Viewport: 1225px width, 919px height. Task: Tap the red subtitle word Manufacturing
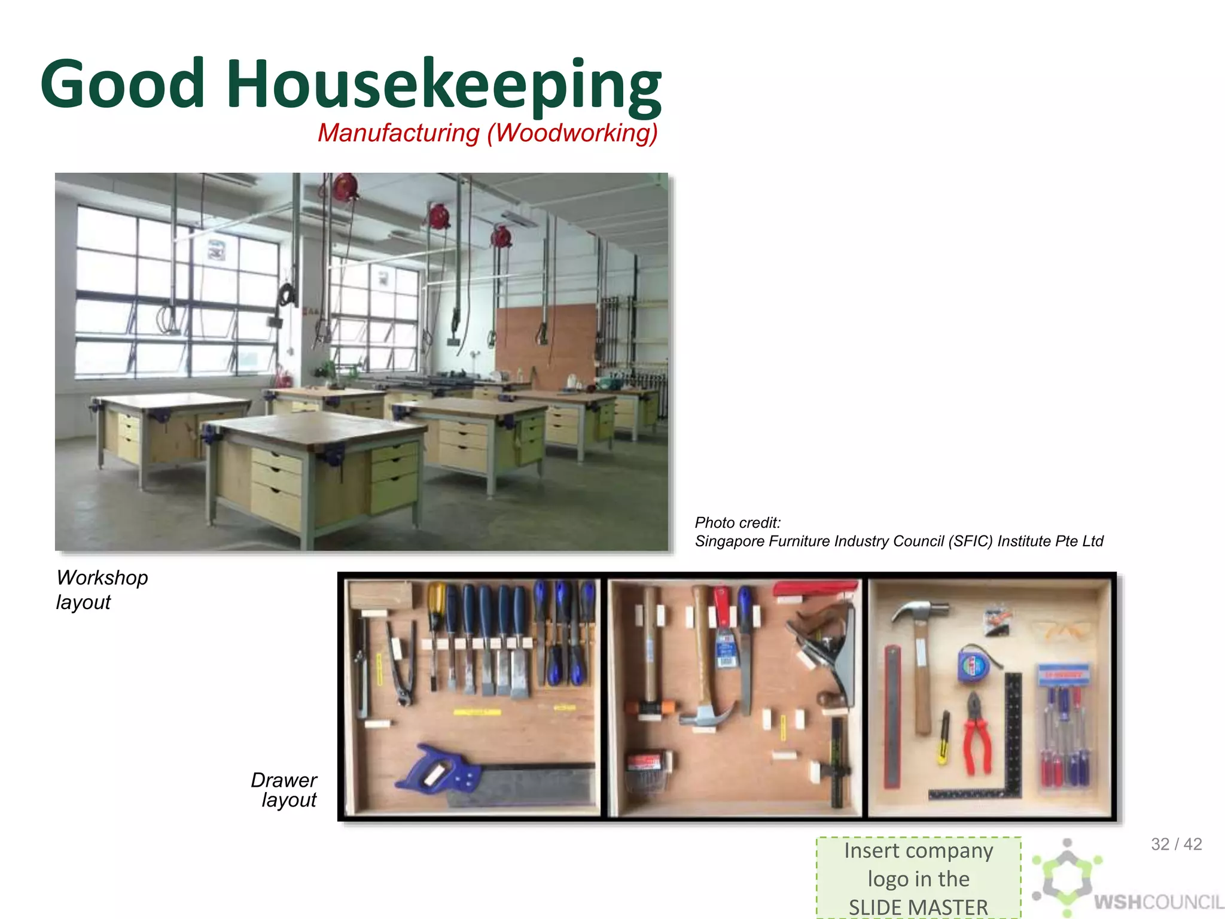coord(398,133)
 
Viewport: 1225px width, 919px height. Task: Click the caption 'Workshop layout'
coord(102,589)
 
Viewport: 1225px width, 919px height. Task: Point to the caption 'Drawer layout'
coord(285,790)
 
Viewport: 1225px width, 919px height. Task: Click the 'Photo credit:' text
coord(738,523)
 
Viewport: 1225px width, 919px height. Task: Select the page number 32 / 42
coord(1176,844)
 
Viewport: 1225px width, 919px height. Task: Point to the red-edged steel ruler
coord(892,715)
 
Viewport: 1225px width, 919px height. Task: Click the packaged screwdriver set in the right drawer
coord(1065,727)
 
